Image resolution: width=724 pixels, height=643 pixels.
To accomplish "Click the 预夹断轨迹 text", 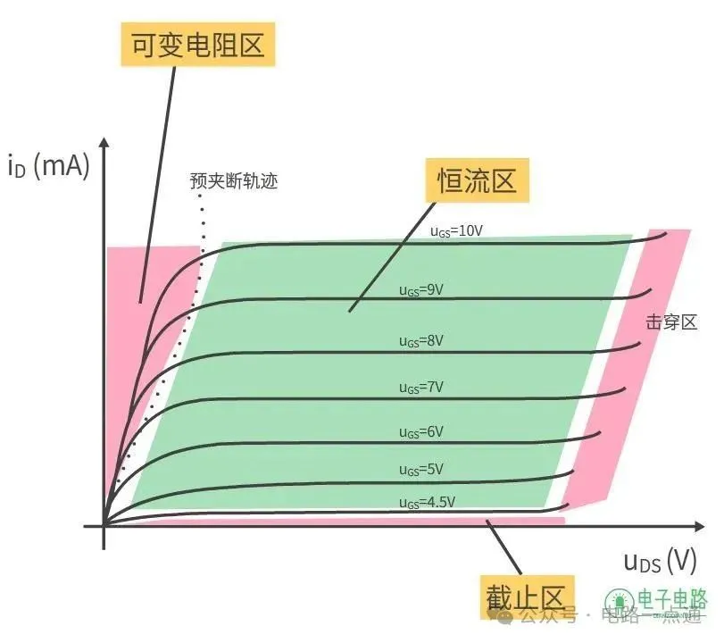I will pyautogui.click(x=234, y=181).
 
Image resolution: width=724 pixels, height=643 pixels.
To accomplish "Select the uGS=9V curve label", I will pyautogui.click(x=421, y=289).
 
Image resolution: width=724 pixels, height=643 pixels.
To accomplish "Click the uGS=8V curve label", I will pyautogui.click(x=421, y=340).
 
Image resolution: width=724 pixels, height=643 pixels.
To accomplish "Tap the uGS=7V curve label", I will pyautogui.click(x=421, y=387).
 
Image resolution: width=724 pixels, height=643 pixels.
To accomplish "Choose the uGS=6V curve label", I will pyautogui.click(x=421, y=431).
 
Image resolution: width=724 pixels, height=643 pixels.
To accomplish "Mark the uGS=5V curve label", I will pyautogui.click(x=421, y=470).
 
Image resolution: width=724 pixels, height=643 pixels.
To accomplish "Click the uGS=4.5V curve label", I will pyautogui.click(x=425, y=503).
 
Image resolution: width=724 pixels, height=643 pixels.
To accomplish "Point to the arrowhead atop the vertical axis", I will pyautogui.click(x=104, y=145).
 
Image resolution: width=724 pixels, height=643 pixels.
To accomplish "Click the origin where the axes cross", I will pyautogui.click(x=104, y=525).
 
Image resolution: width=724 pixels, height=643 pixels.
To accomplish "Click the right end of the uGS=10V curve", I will pyautogui.click(x=666, y=234).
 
